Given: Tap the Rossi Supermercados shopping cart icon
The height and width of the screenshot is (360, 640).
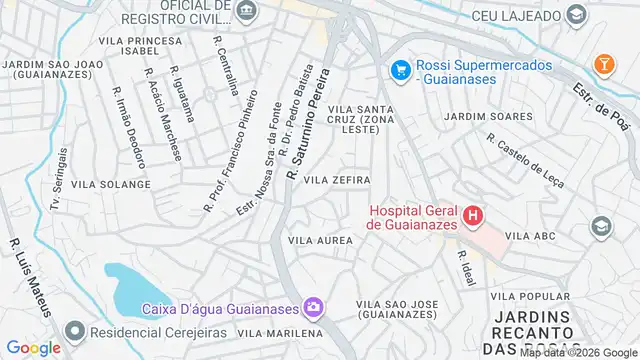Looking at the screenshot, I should (401, 70).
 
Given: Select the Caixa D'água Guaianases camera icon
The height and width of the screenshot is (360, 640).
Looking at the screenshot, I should (313, 306).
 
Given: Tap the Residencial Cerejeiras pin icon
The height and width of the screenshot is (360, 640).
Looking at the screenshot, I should (75, 330).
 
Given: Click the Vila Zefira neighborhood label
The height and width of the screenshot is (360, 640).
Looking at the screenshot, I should (337, 180).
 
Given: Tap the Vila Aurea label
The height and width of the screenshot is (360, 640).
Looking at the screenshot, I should (320, 241).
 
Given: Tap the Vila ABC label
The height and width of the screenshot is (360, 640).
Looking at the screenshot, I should (531, 237).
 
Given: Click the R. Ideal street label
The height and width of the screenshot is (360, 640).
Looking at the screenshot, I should (463, 267).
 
